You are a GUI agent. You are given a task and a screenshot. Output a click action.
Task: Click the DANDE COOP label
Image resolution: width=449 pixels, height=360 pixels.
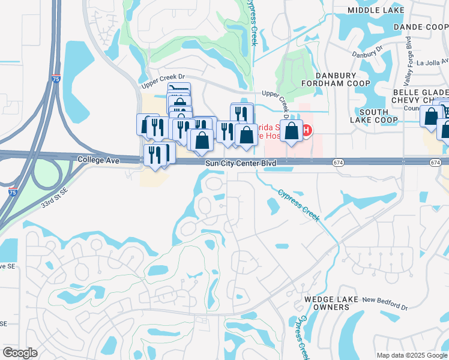[421, 27]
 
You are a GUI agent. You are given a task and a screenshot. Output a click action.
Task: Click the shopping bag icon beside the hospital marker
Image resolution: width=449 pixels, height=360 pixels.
[292, 131]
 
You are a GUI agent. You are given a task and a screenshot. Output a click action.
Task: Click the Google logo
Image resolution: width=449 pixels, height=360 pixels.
[20, 353]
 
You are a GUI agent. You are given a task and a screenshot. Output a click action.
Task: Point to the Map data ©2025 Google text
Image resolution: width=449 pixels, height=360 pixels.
[411, 355]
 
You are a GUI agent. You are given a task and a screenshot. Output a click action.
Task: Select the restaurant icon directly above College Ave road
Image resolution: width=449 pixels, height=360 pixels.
[155, 155]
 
